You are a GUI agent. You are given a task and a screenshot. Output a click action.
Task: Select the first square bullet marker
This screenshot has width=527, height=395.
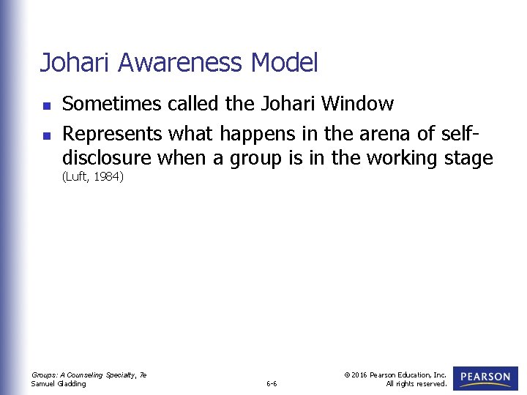(x=45, y=105)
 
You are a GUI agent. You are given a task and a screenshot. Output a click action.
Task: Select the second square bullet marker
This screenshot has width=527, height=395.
(x=45, y=135)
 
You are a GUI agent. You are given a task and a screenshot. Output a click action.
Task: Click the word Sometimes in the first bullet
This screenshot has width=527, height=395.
(x=112, y=105)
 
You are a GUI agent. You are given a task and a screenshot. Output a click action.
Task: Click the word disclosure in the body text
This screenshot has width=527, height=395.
(x=106, y=159)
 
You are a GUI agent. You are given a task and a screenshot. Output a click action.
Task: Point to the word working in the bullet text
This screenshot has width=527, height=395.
(x=400, y=159)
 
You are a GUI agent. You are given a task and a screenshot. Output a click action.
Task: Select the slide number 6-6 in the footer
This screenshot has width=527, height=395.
(x=271, y=383)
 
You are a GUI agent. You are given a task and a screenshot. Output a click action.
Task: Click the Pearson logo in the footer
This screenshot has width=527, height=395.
(x=485, y=378)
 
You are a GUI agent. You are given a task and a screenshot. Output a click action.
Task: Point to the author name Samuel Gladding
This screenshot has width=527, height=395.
(x=59, y=383)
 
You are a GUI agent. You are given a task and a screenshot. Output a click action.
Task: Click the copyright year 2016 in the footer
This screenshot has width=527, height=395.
(x=359, y=375)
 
